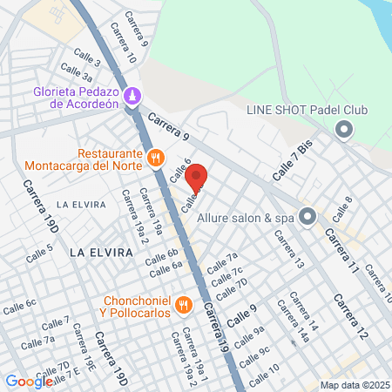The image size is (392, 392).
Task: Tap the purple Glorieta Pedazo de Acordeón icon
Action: tap(132, 96)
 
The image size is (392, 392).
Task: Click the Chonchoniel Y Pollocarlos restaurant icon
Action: tap(183, 305)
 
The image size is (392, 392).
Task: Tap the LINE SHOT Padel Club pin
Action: tap(343, 131)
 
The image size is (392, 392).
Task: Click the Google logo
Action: tap(30, 381)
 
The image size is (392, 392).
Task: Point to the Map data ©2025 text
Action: tap(354, 384)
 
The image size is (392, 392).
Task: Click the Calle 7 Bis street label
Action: tap(293, 162)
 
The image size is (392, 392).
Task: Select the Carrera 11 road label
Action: tap(341, 252)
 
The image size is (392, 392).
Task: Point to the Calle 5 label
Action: tap(39, 253)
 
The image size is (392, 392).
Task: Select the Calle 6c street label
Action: tap(19, 305)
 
